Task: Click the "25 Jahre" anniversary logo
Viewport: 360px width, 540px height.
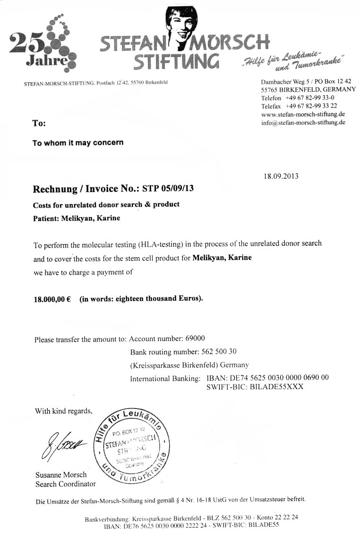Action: click(x=43, y=45)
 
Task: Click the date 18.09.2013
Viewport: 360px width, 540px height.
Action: click(x=281, y=176)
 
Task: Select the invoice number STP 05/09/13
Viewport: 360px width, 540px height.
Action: click(x=168, y=189)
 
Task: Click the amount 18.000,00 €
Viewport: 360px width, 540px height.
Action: click(x=51, y=299)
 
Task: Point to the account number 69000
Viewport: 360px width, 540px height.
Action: click(x=193, y=339)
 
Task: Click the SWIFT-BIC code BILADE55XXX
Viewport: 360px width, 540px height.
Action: click(x=255, y=387)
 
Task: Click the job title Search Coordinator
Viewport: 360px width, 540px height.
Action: click(x=65, y=484)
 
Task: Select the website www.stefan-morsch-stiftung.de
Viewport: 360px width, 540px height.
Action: click(x=302, y=114)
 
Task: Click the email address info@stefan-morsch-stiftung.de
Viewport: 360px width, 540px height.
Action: click(x=303, y=122)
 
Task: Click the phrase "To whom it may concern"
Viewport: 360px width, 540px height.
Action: click(x=78, y=142)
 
